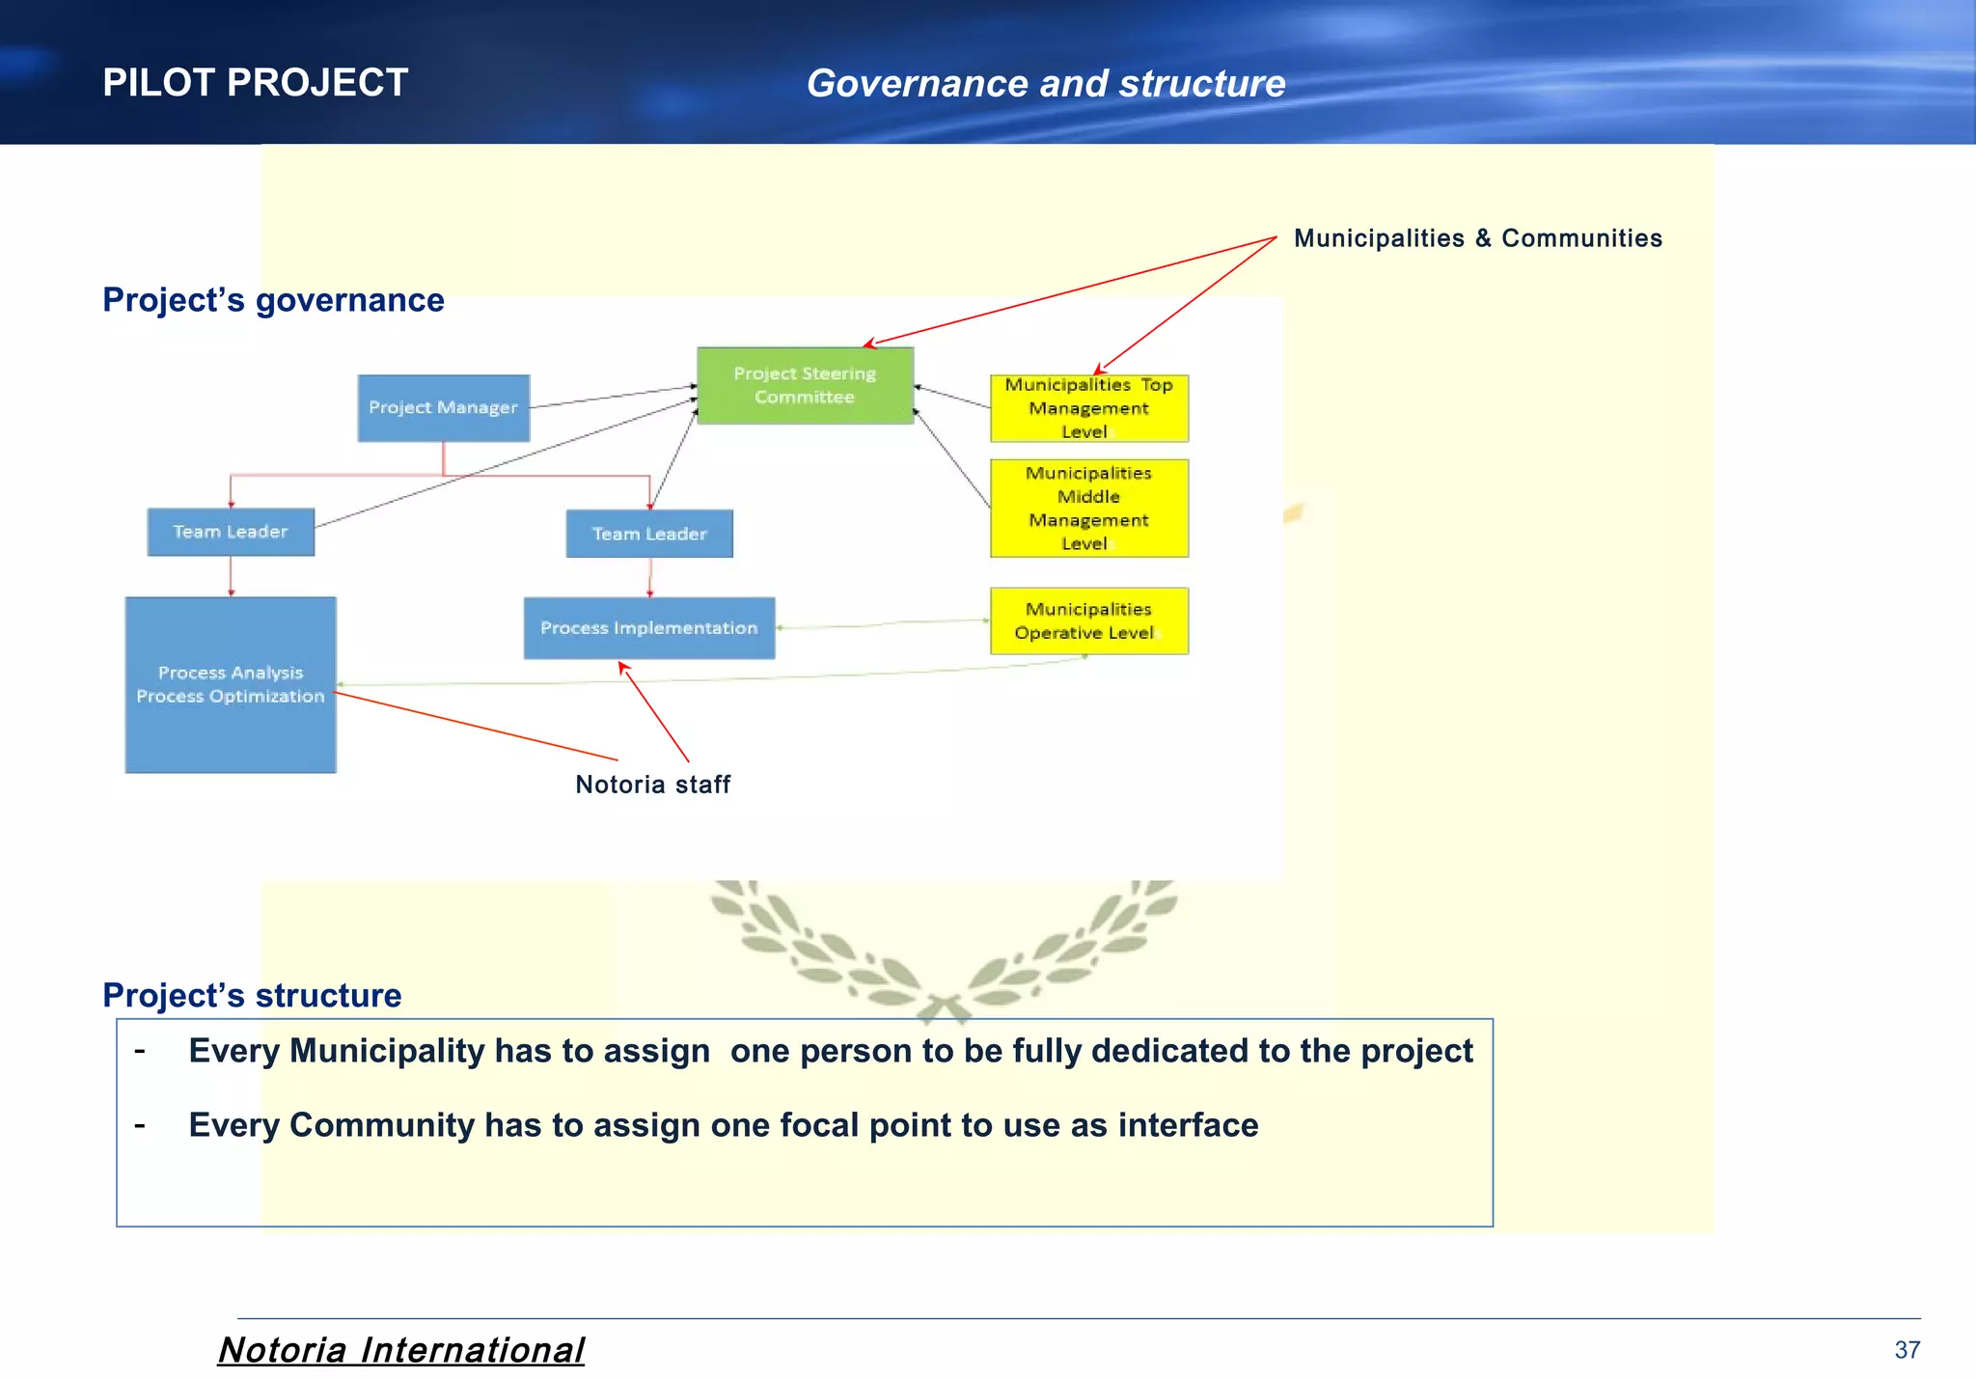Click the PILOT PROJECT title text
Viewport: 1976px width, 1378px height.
pyautogui.click(x=255, y=83)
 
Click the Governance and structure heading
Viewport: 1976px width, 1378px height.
pyautogui.click(x=1046, y=84)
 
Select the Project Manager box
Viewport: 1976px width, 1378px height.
pyautogui.click(x=443, y=408)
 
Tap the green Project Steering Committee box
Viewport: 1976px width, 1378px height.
pyautogui.click(x=805, y=385)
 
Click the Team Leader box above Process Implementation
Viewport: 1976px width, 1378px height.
pyautogui.click(x=649, y=534)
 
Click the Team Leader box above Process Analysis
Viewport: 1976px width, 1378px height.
pyautogui.click(x=231, y=532)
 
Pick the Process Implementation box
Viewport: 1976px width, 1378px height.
pyautogui.click(x=648, y=628)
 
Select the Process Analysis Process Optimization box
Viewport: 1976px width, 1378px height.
pyautogui.click(x=231, y=684)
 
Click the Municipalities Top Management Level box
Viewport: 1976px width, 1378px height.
pyautogui.click(x=1088, y=408)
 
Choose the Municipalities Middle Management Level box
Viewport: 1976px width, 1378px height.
pyautogui.click(x=1088, y=509)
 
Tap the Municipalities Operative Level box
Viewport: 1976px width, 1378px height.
pyautogui.click(x=1088, y=621)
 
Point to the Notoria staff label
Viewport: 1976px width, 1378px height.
pyautogui.click(x=652, y=785)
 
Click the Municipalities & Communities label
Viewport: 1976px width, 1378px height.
pyautogui.click(x=1477, y=238)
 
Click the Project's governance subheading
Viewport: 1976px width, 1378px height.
pyautogui.click(x=273, y=300)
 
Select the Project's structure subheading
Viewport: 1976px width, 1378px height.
pyautogui.click(x=252, y=995)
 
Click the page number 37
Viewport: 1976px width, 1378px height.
pyautogui.click(x=1907, y=1349)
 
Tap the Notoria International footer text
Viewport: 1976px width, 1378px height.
pyautogui.click(x=400, y=1349)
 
